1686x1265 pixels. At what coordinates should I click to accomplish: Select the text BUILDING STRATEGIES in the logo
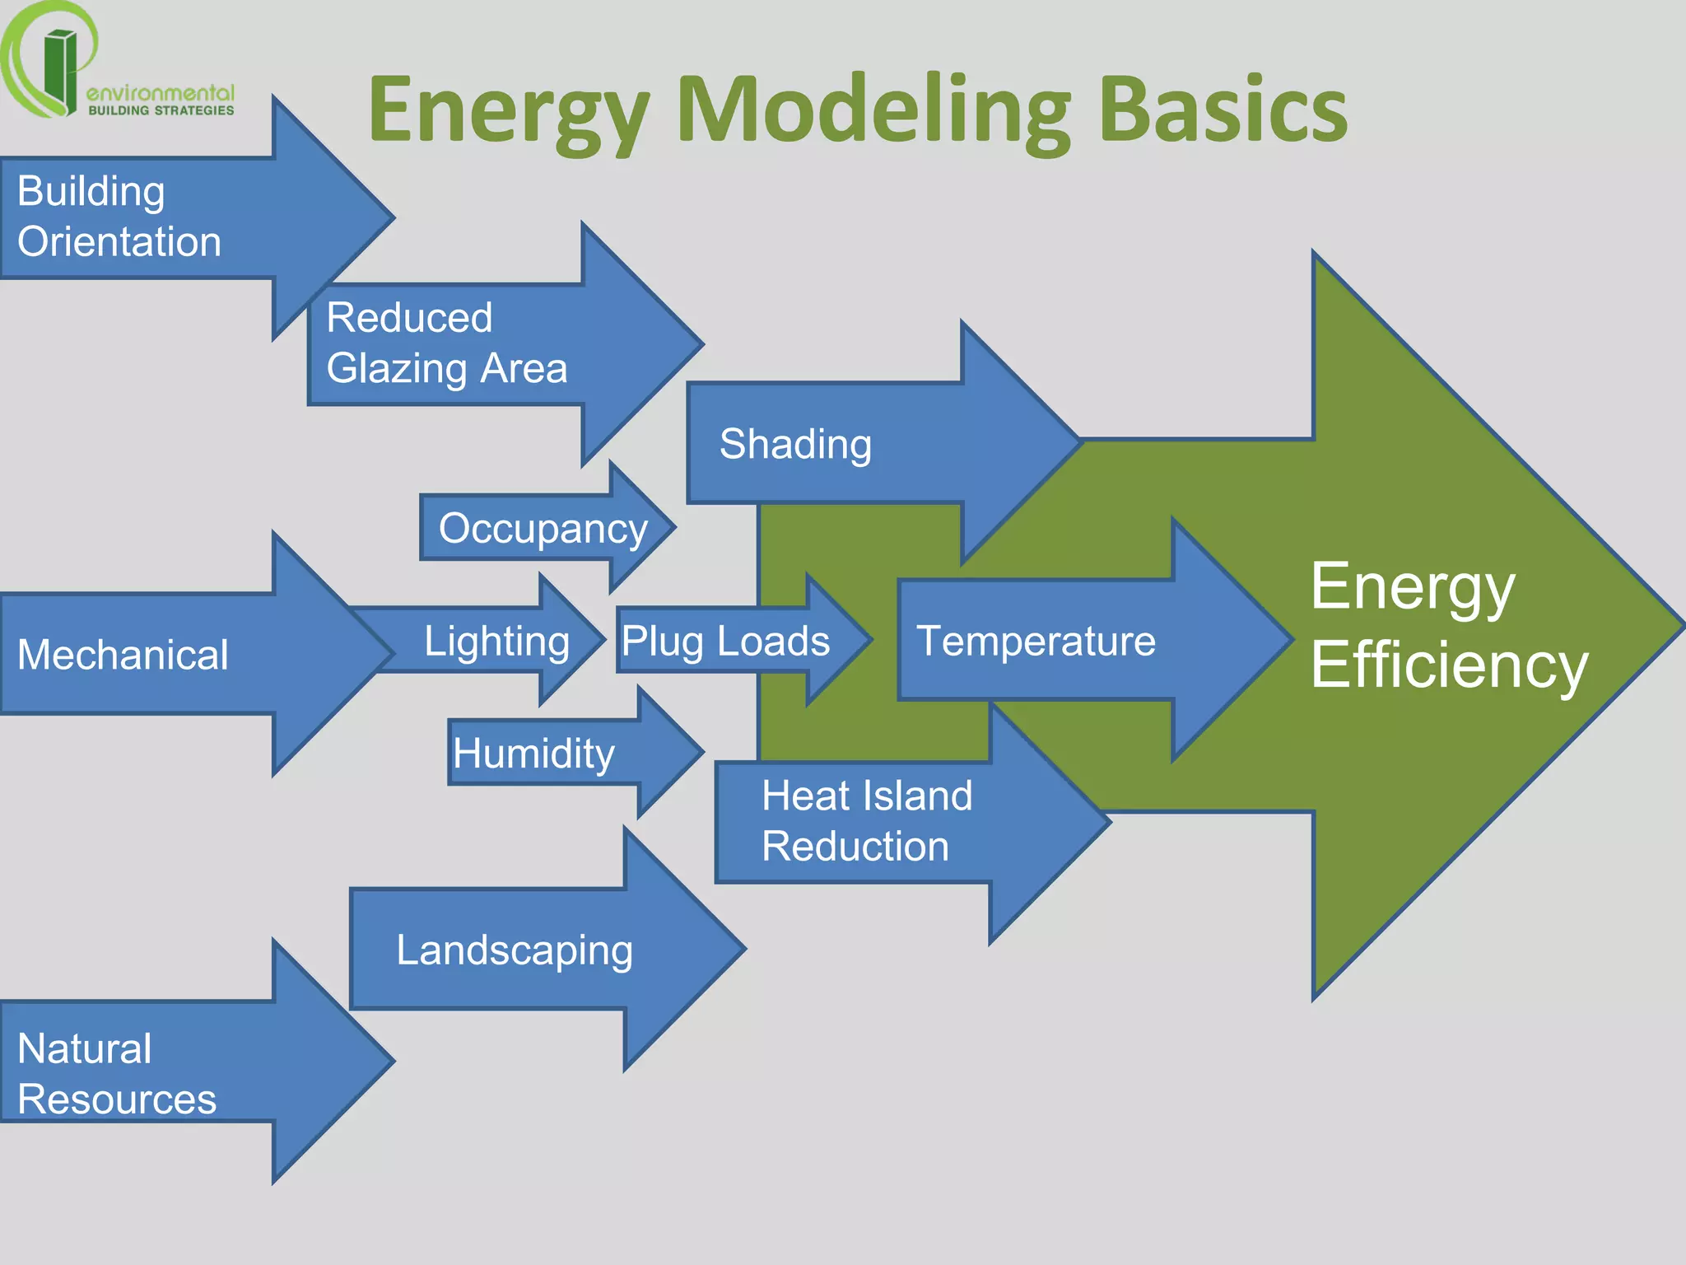point(161,110)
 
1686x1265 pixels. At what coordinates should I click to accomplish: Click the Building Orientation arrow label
point(119,217)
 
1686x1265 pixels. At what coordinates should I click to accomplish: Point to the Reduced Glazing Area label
point(446,343)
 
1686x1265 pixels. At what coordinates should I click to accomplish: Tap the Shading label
point(795,444)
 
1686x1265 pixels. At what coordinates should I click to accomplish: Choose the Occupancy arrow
point(543,528)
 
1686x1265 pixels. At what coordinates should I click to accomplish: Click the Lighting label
point(496,641)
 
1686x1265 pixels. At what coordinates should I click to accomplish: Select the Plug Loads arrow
point(725,641)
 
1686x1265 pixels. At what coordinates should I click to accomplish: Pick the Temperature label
point(1036,641)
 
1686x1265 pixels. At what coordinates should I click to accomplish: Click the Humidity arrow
point(533,753)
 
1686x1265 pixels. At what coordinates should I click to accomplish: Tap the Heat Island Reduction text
point(866,821)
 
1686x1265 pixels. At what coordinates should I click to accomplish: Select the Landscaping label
point(515,950)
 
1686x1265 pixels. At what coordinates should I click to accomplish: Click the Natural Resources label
point(117,1074)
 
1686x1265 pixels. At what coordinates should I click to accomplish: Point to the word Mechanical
point(123,655)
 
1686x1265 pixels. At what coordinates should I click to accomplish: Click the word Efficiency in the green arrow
point(1449,665)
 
